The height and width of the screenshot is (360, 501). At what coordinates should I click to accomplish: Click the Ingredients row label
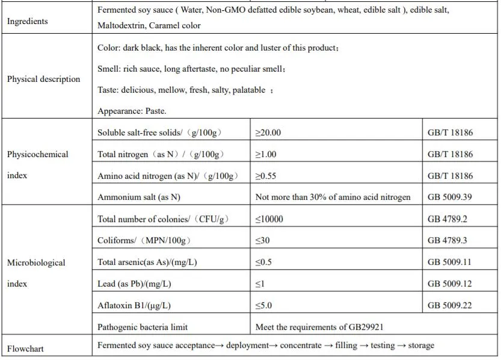[x=27, y=22]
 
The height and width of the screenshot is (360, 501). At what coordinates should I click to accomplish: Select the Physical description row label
[x=43, y=79]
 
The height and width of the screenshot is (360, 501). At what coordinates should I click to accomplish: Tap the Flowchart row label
[x=25, y=349]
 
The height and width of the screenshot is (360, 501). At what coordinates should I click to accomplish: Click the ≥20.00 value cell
[x=268, y=132]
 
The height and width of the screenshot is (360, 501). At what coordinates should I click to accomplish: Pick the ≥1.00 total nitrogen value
[x=266, y=154]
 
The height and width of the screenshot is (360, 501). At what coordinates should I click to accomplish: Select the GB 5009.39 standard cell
[x=450, y=197]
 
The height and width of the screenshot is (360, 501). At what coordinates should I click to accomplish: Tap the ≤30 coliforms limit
[x=262, y=240]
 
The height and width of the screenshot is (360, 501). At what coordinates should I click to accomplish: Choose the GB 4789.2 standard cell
[x=447, y=219]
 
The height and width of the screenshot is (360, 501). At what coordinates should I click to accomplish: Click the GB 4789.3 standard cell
[x=447, y=240]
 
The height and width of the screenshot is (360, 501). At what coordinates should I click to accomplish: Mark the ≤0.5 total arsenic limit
[x=263, y=262]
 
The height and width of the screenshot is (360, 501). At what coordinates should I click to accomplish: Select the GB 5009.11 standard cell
[x=450, y=262]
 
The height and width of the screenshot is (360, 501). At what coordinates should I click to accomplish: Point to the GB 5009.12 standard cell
[x=450, y=284]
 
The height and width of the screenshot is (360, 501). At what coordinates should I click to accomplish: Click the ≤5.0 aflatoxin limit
[x=263, y=305]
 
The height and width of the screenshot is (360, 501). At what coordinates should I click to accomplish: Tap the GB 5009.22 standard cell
[x=450, y=305]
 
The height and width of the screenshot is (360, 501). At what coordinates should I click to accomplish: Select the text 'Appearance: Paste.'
[x=132, y=111]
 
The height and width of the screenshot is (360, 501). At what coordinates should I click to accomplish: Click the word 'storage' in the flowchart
[x=421, y=345]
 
